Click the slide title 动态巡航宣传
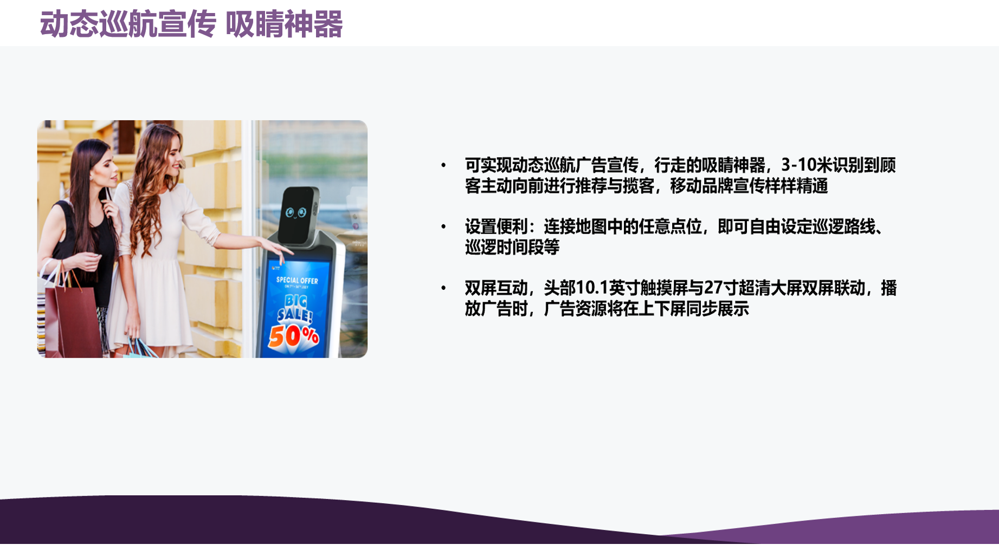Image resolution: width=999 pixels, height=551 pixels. click(x=128, y=24)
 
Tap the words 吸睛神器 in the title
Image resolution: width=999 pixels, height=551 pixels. click(x=283, y=24)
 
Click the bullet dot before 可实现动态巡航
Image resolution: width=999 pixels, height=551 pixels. click(x=443, y=165)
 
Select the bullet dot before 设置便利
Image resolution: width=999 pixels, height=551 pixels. click(x=443, y=226)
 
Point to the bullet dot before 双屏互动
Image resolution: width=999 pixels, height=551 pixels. click(x=443, y=288)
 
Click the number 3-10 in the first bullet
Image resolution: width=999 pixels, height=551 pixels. click(x=799, y=165)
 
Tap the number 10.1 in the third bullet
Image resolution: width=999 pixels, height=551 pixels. click(x=592, y=288)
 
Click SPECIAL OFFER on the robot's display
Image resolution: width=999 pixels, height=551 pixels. click(x=297, y=280)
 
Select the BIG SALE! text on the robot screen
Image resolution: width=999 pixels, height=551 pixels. click(x=295, y=308)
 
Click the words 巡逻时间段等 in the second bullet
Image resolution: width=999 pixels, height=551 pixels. click(x=512, y=248)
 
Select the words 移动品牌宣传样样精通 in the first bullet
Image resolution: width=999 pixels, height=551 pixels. click(x=749, y=186)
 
